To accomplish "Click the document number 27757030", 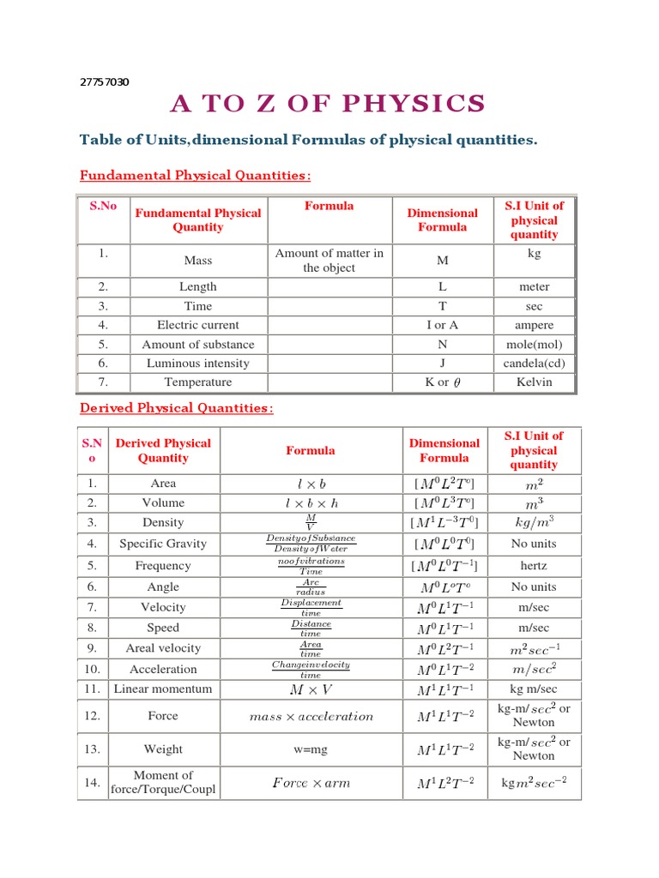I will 104,82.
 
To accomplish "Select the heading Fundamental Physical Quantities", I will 195,176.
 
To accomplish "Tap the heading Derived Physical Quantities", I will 176,408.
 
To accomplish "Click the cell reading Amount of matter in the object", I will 329,261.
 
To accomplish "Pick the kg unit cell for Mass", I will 535,254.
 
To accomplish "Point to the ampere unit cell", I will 535,325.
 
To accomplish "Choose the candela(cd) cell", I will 535,364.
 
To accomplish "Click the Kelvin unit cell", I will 535,382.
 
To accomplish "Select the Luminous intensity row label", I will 198,364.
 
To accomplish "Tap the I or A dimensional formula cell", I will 443,325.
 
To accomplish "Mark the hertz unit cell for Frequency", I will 534,566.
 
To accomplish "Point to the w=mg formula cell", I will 311,749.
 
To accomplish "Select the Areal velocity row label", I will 163,648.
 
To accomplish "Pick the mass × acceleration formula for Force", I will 311,716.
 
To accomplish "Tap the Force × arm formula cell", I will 311,783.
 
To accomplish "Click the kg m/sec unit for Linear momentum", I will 534,689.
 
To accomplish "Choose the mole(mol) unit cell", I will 535,345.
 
